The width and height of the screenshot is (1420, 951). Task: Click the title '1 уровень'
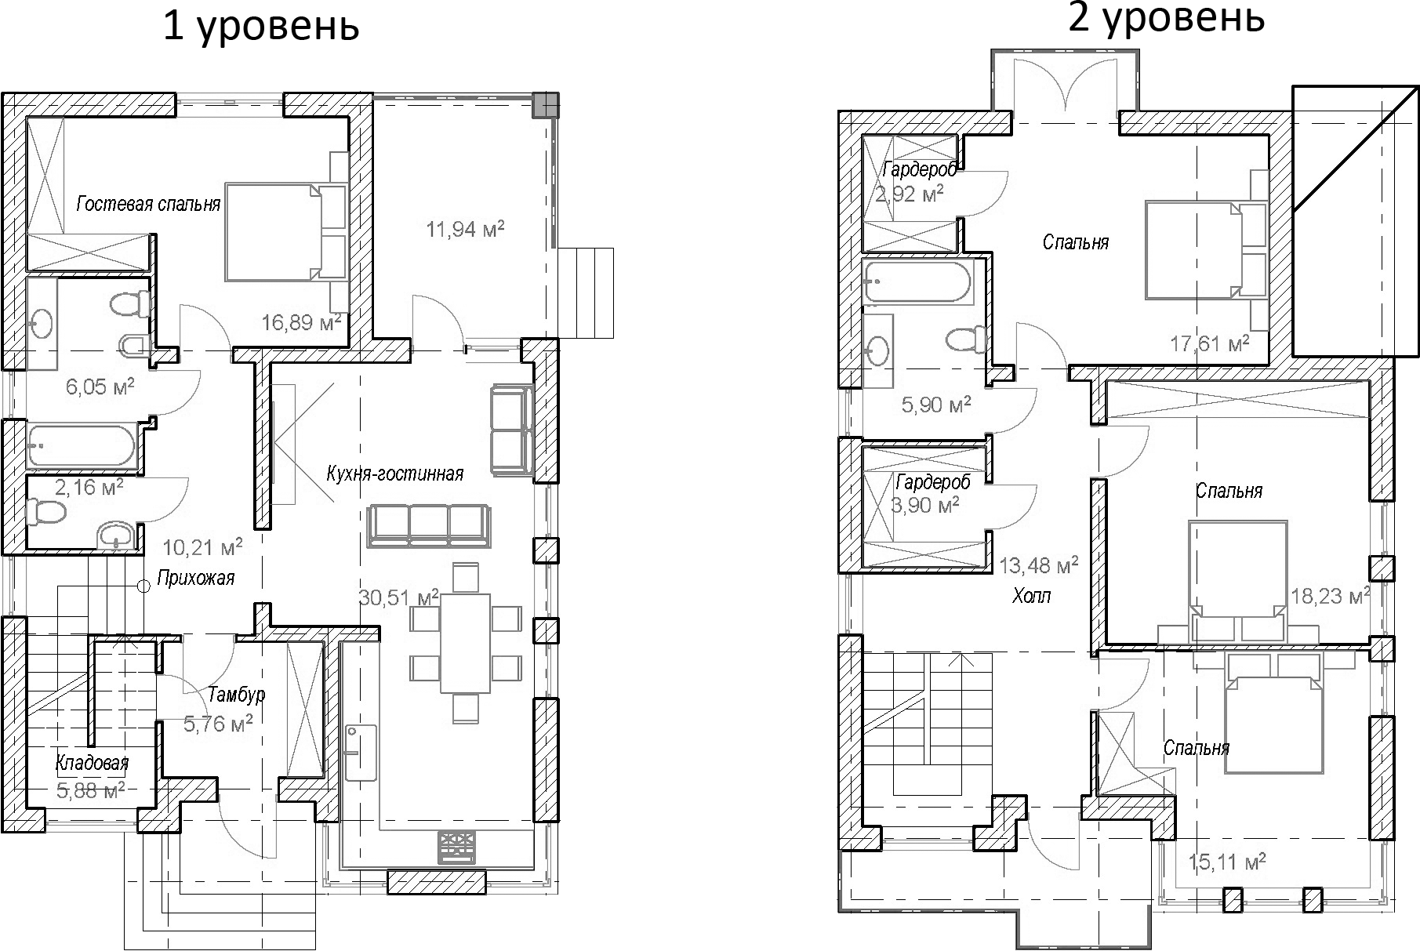point(261,28)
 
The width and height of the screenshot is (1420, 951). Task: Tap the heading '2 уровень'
point(1166,17)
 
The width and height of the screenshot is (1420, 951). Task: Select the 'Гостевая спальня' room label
point(148,205)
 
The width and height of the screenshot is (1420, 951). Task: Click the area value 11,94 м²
point(465,230)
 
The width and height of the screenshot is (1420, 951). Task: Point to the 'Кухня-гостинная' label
point(394,474)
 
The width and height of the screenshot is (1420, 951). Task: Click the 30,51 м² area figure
point(398,597)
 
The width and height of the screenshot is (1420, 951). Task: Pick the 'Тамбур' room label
point(236,695)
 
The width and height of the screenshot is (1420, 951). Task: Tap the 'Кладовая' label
point(92,763)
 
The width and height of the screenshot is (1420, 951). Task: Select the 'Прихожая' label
point(195,579)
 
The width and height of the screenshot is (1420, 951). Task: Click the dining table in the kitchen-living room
point(465,643)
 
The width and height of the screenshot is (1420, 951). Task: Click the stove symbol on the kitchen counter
point(456,847)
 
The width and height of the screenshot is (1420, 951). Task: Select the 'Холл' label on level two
point(1031,596)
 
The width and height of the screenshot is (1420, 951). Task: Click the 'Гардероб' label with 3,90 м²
point(932,482)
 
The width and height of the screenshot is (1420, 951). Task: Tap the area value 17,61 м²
point(1209,343)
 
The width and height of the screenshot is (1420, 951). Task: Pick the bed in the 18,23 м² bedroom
point(1238,576)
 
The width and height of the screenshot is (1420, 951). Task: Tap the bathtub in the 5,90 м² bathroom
point(916,281)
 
